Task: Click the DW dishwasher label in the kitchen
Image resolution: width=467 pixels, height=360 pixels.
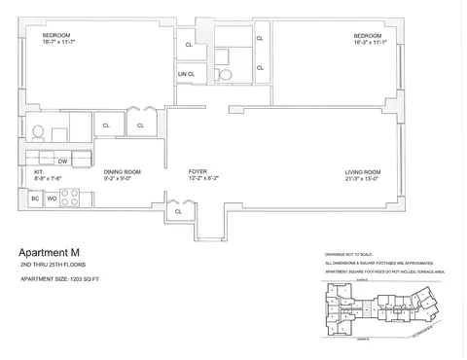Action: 61,161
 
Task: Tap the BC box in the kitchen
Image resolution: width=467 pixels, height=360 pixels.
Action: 35,198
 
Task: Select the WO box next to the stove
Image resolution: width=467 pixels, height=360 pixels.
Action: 52,198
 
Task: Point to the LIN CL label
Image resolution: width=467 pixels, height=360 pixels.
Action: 186,74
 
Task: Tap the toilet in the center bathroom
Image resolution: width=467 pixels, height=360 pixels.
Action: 224,74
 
